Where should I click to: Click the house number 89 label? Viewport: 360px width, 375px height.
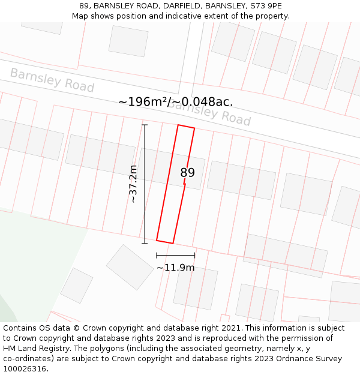(187, 173)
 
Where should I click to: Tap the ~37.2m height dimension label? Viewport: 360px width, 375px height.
(133, 184)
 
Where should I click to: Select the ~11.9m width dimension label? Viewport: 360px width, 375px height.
(175, 268)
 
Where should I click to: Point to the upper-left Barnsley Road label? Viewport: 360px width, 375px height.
(52, 80)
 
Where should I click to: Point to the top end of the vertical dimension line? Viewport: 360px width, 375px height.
(145, 125)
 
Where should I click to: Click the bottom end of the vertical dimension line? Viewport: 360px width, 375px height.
(144, 243)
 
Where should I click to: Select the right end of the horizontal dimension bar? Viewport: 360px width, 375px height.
(194, 256)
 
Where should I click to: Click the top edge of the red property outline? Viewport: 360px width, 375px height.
(186, 127)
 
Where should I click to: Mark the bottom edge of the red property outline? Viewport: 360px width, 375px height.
(165, 241)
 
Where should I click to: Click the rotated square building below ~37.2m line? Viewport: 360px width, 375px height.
(130, 268)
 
